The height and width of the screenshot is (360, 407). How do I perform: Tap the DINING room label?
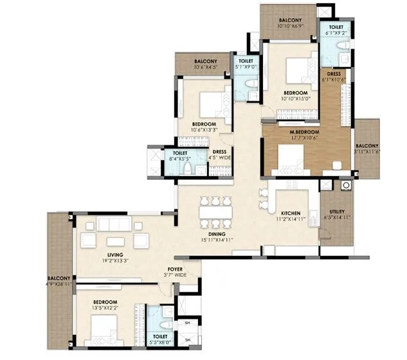212,234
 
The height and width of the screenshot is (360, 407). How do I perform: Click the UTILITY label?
337,212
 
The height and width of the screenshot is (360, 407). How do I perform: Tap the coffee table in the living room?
116,242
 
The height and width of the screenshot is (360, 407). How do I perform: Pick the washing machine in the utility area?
346,186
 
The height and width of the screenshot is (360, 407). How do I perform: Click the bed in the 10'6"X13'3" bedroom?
207,104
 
